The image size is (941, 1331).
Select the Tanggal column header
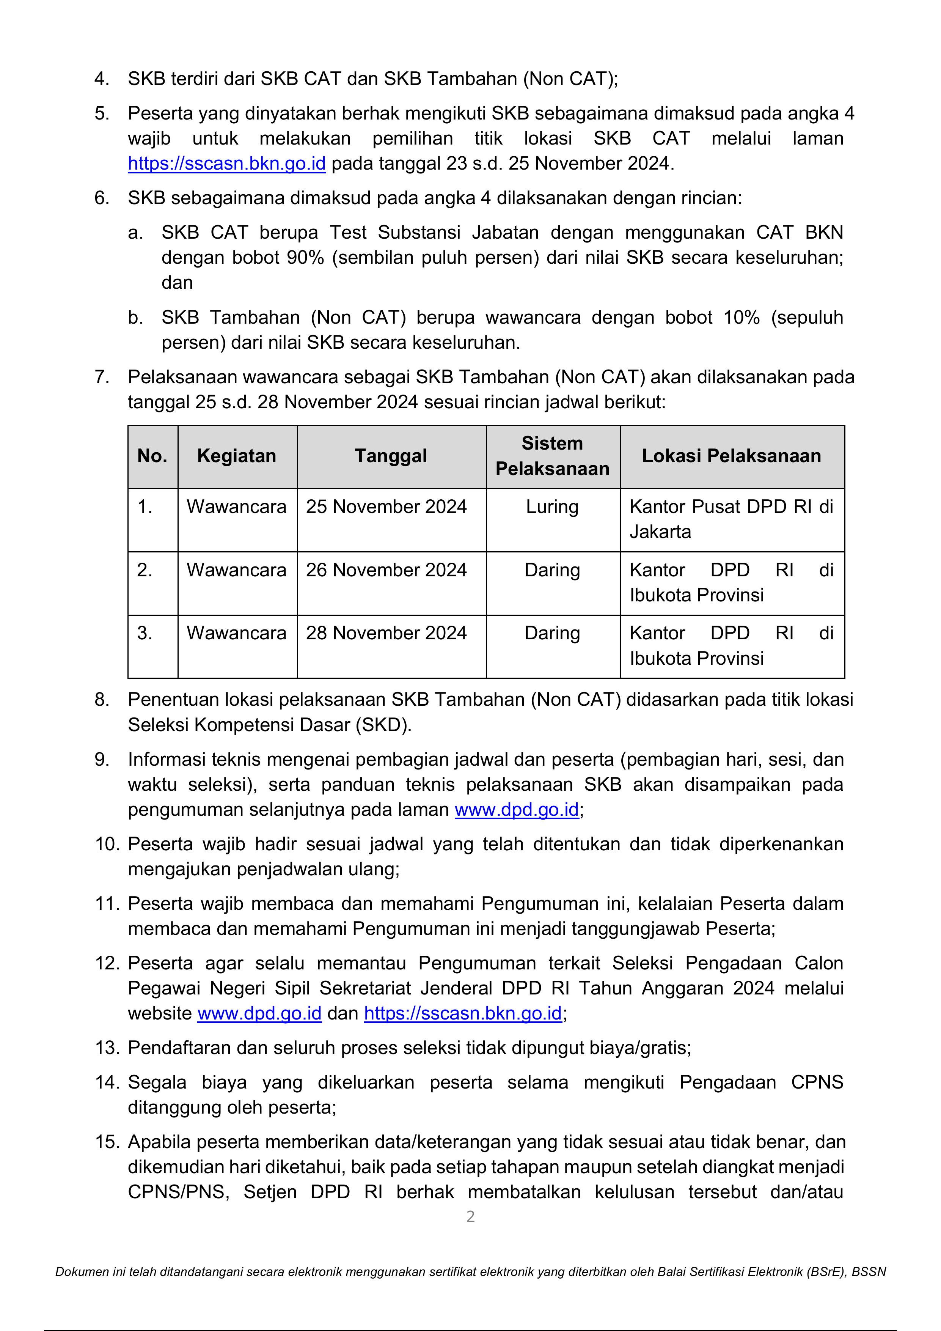coord(391,456)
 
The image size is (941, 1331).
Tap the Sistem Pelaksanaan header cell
coord(552,456)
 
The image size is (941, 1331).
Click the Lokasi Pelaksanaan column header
coord(731,456)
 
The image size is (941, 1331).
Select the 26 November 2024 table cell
coord(386,570)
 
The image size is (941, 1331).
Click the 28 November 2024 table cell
coord(386,633)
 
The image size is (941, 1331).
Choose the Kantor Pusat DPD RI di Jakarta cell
coord(731,519)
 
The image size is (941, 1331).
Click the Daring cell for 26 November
coord(552,570)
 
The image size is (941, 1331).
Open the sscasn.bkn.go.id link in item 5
coord(226,164)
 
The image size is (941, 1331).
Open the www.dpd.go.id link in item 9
coord(516,810)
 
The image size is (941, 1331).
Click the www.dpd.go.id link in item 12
coord(259,1013)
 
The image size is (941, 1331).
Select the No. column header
coord(152,456)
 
